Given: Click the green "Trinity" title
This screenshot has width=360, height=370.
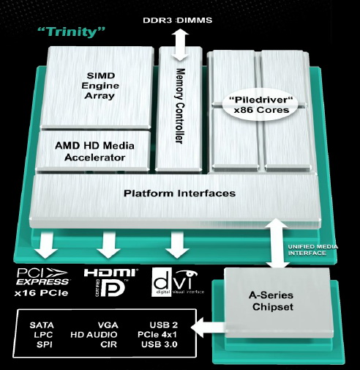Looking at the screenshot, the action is coord(72,32).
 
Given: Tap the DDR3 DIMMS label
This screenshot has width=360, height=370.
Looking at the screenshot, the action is coord(178,21).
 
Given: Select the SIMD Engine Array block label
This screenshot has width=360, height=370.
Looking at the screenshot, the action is coord(100,86).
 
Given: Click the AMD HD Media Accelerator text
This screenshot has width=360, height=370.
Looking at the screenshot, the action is coord(94,152).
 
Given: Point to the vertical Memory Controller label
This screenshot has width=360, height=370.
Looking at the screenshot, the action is coord(180,106).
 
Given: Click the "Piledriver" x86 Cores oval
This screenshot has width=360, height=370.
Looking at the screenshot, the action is coord(261,105).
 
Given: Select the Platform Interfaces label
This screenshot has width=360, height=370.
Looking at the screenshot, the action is coord(179,193).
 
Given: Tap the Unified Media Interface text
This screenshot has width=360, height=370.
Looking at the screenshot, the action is coord(312,250).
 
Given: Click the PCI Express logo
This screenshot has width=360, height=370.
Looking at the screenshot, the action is coord(42,277).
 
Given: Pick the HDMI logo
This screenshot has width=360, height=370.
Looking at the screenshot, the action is coord(111,273).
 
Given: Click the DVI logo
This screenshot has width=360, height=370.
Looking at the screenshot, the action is coord(178,282).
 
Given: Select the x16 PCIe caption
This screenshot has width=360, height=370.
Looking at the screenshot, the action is coord(41,292).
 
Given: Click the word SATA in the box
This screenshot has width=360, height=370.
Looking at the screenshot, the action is coord(42,325).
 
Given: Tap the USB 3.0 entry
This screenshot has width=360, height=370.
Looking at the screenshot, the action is coord(160,344).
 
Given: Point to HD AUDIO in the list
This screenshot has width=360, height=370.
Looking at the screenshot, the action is coord(94,335).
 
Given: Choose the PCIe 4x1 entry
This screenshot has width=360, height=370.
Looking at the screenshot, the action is coord(157,335).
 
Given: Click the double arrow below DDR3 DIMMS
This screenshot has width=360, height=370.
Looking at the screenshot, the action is coord(180,45).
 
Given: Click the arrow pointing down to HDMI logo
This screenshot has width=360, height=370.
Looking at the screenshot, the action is coord(109,245).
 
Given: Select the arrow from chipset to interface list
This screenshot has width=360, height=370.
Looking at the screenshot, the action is coord(208,327).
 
